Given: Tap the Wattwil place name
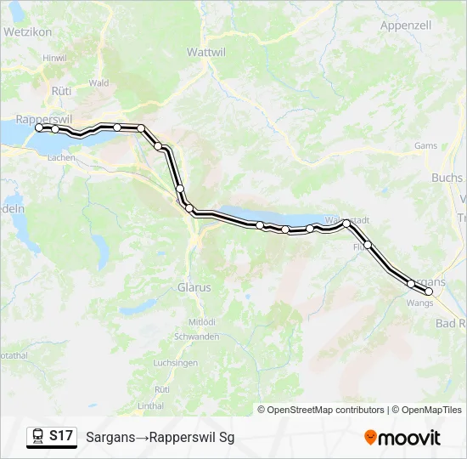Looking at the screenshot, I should (x=204, y=51).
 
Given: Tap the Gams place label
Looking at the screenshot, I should (x=425, y=145).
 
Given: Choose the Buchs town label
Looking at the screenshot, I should (x=447, y=178).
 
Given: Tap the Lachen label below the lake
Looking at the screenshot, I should (x=62, y=158).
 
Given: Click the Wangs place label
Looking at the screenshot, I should (x=419, y=302).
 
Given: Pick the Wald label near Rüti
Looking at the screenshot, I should (x=98, y=82).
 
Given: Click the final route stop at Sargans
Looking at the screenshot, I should (x=429, y=292).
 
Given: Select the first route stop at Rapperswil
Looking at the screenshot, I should (x=39, y=127).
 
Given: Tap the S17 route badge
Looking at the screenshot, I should (x=60, y=436).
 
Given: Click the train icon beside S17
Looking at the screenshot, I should (x=37, y=436).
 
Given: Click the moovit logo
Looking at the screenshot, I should (x=402, y=438).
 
